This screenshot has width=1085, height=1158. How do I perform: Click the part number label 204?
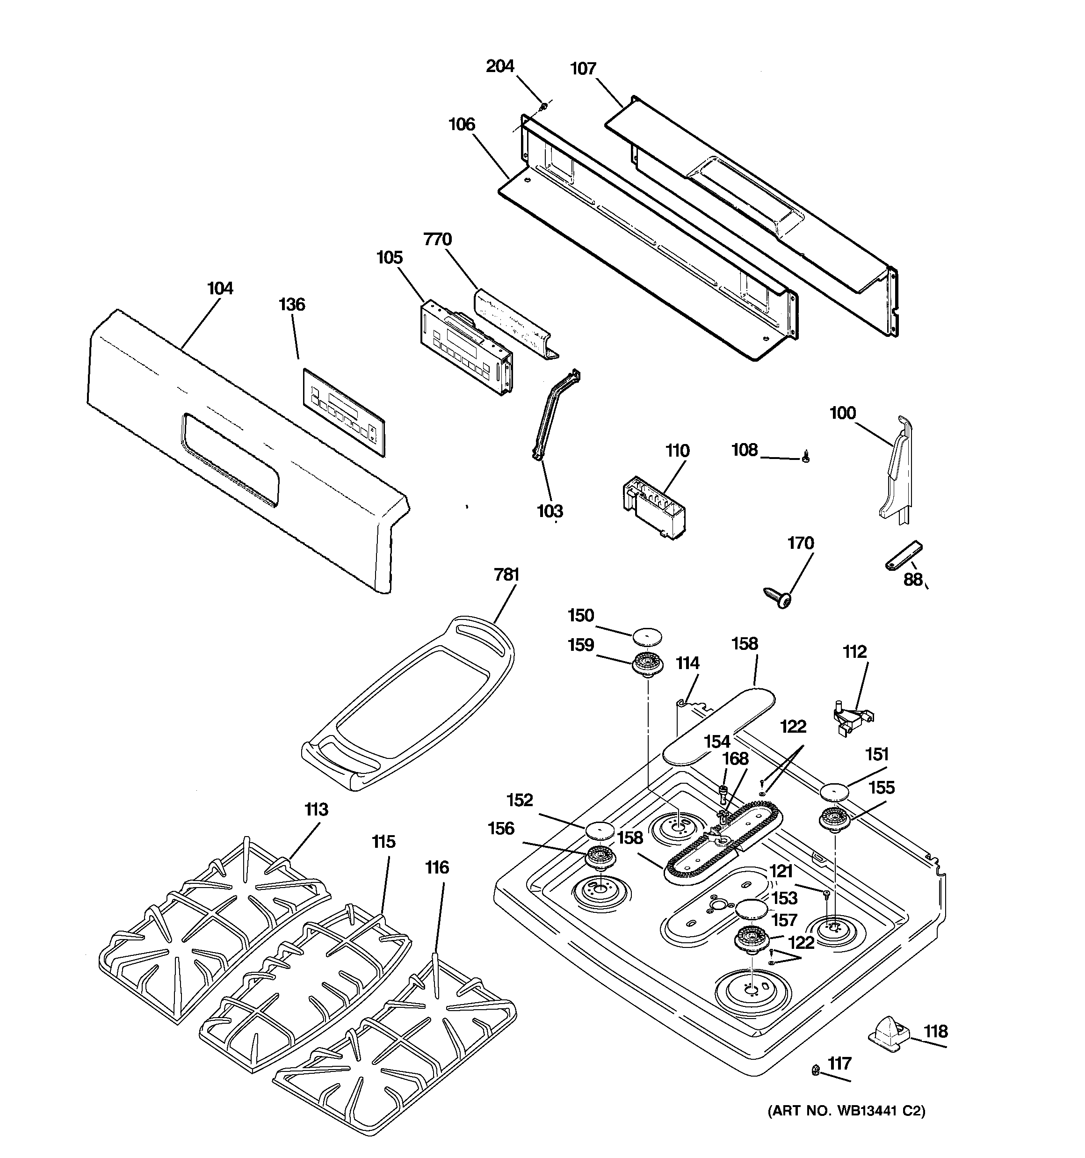[500, 66]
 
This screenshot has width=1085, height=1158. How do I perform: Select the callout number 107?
[583, 69]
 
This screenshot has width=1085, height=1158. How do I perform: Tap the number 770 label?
[437, 240]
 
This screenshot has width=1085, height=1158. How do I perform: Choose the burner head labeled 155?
[835, 820]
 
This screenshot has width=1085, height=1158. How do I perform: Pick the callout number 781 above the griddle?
[506, 575]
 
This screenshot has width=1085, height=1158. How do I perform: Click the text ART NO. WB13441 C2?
[846, 1127]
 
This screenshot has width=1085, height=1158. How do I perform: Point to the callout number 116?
[437, 884]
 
